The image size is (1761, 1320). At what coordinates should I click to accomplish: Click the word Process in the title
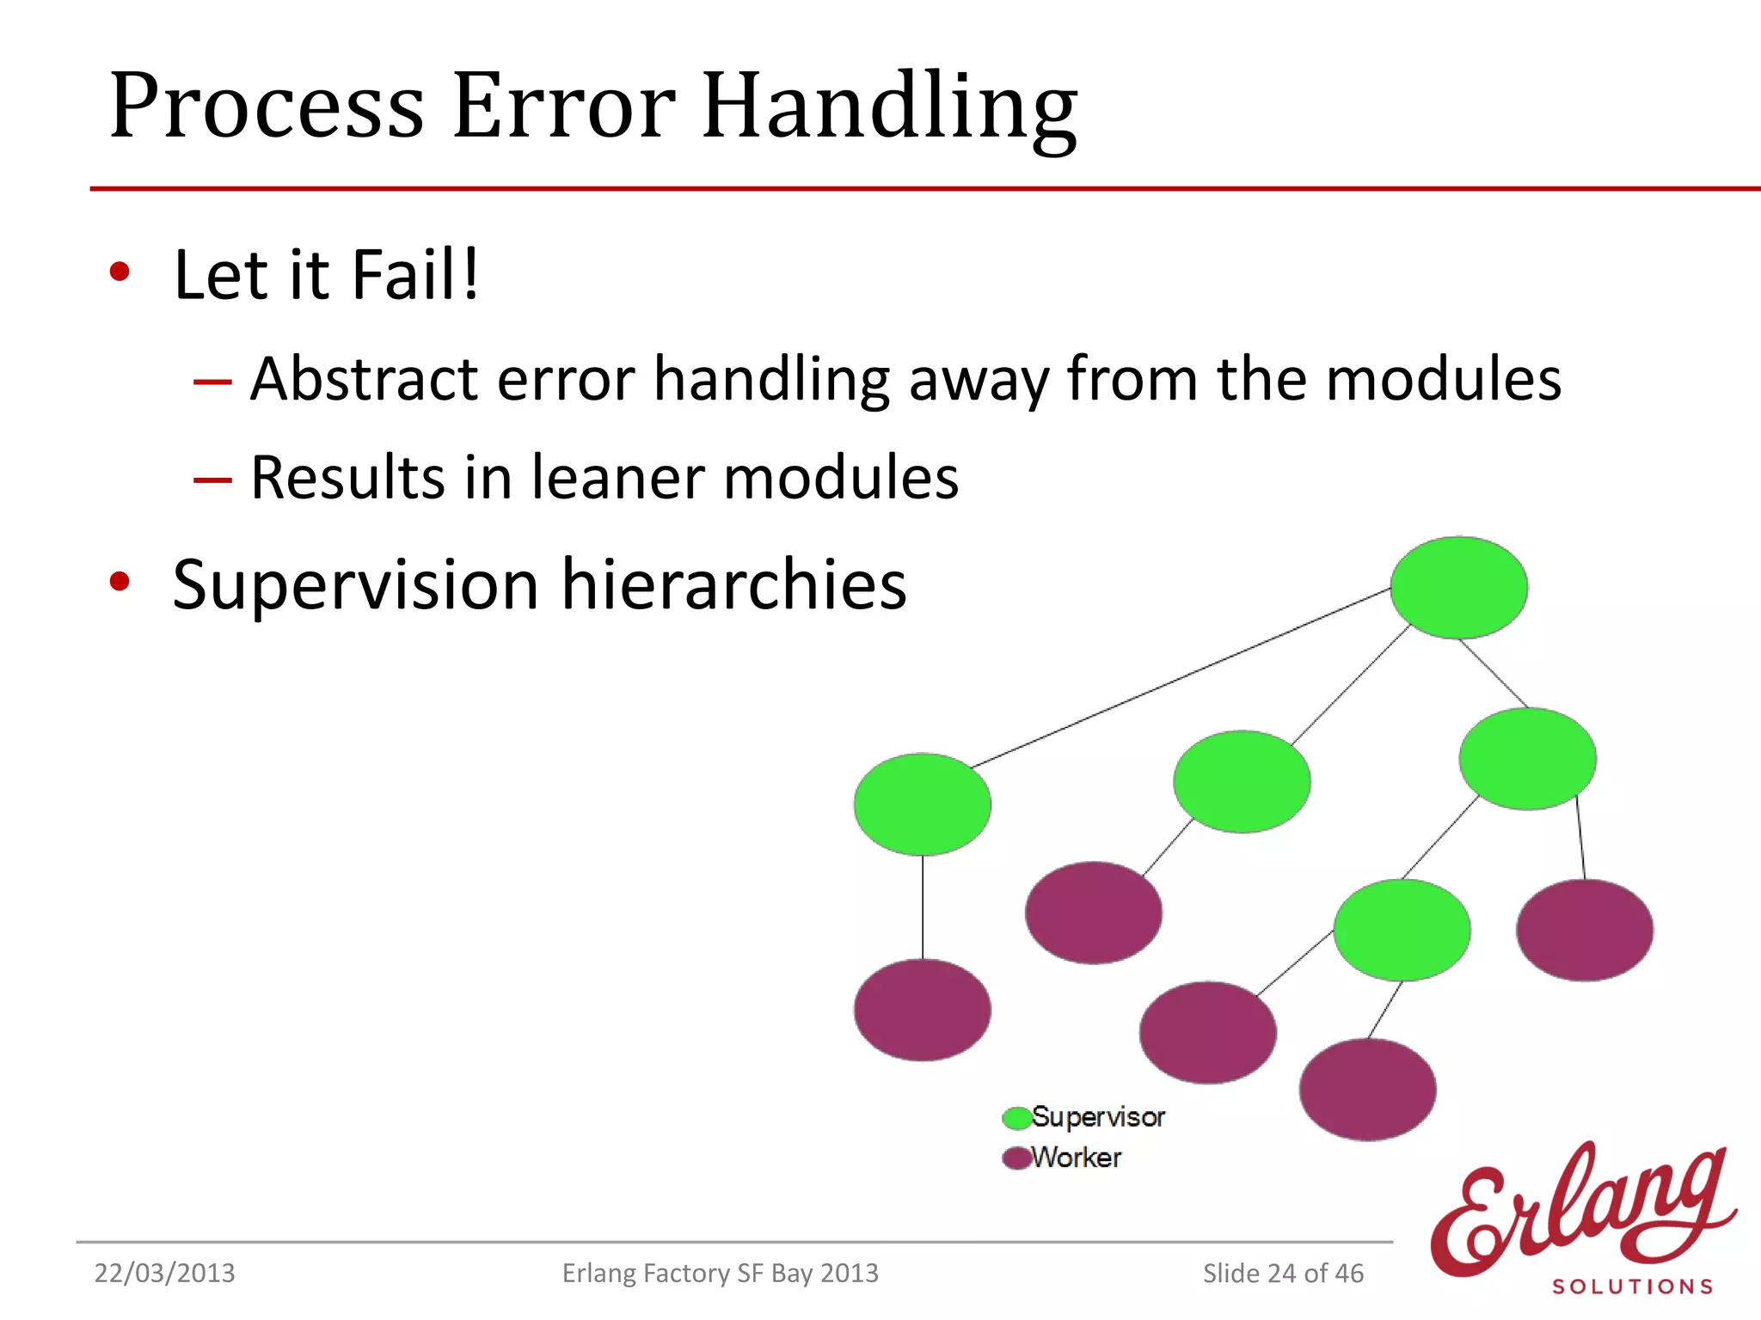pos(267,107)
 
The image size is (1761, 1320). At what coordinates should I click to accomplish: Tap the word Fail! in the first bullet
pos(414,275)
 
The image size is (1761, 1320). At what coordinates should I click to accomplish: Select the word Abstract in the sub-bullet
pos(363,379)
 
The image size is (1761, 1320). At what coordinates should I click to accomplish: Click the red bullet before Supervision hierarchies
pos(120,582)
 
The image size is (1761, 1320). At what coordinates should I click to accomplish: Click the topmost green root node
pos(1458,588)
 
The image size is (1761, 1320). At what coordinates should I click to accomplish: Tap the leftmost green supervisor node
pos(922,804)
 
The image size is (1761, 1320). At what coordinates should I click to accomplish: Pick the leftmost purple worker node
pos(922,1011)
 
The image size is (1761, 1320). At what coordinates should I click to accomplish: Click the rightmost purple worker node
pos(1584,930)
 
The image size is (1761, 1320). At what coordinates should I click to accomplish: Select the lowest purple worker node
pos(1367,1090)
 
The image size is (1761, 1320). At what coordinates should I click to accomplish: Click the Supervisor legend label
pos(1098,1117)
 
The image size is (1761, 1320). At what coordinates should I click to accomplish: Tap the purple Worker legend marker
pos(1016,1158)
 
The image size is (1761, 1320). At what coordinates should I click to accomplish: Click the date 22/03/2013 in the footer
pos(164,1274)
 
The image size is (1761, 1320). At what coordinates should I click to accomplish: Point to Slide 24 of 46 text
pos(1283,1274)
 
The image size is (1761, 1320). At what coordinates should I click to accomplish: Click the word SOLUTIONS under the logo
pos(1632,1286)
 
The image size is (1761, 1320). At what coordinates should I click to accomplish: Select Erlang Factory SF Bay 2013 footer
pos(720,1274)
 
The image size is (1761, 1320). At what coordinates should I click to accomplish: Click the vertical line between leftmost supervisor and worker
pos(923,907)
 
